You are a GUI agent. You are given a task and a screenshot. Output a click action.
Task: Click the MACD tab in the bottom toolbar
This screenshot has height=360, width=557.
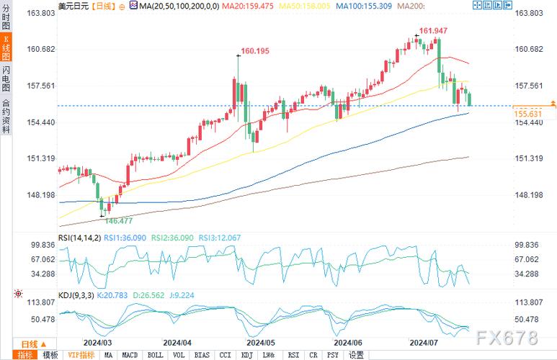[130, 355]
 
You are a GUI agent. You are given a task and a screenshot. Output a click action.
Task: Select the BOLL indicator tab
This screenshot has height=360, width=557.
[155, 355]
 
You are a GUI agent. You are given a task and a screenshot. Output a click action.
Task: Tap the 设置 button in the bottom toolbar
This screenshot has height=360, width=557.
[357, 355]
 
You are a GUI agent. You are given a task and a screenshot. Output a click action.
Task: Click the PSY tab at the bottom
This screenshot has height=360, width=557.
[332, 355]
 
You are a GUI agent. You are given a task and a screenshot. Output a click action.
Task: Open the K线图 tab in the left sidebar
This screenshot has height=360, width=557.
[6, 45]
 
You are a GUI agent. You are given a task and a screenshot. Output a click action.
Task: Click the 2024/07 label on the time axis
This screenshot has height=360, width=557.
[424, 343]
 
